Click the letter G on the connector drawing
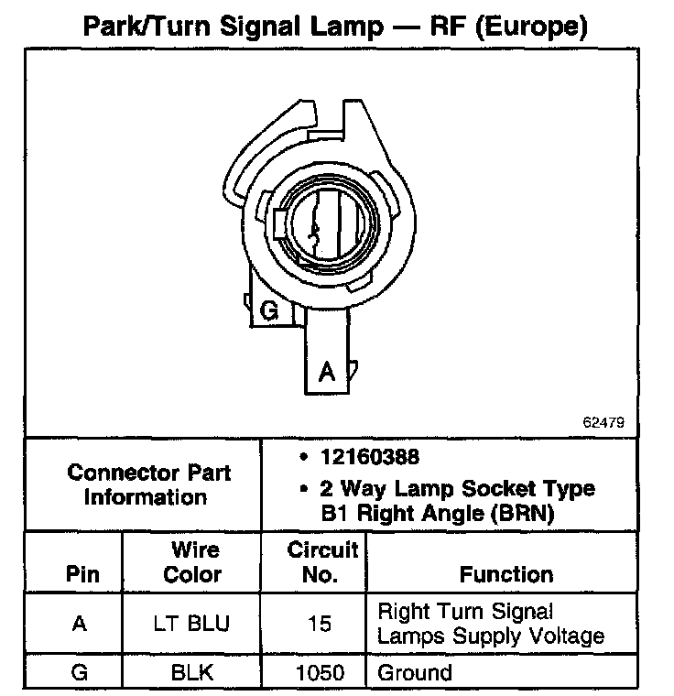(269, 311)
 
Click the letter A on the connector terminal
(325, 372)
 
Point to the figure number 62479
(603, 423)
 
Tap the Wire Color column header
(192, 562)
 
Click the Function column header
(506, 575)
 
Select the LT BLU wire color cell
(192, 624)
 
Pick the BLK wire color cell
(192, 673)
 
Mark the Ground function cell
(415, 673)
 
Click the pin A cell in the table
(80, 624)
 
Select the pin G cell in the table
(80, 673)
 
